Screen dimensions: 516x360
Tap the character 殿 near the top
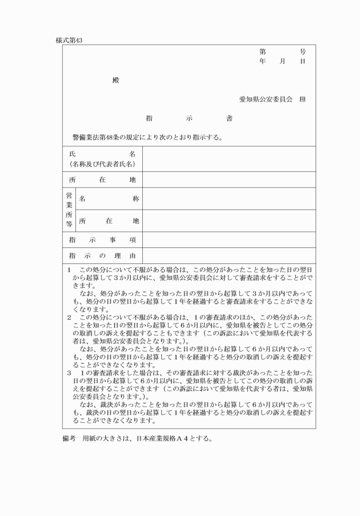pyautogui.click(x=116, y=79)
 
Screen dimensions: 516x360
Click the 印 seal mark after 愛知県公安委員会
pyautogui.click(x=302, y=99)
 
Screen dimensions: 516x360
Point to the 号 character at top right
pyautogui.click(x=302, y=51)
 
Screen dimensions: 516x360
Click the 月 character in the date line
pyautogui.click(x=282, y=61)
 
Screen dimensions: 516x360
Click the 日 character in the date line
pyautogui.click(x=302, y=61)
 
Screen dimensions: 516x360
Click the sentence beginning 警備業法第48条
pyautogui.click(x=143, y=137)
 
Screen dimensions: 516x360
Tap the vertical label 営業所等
pyautogui.click(x=69, y=210)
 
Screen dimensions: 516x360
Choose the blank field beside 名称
pyautogui.click(x=229, y=199)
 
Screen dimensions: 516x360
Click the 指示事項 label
pyautogui.click(x=102, y=240)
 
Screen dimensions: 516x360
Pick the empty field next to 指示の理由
pyautogui.click(x=229, y=255)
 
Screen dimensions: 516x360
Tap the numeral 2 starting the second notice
pyautogui.click(x=69, y=316)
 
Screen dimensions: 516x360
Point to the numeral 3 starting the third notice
pyautogui.click(x=69, y=372)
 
